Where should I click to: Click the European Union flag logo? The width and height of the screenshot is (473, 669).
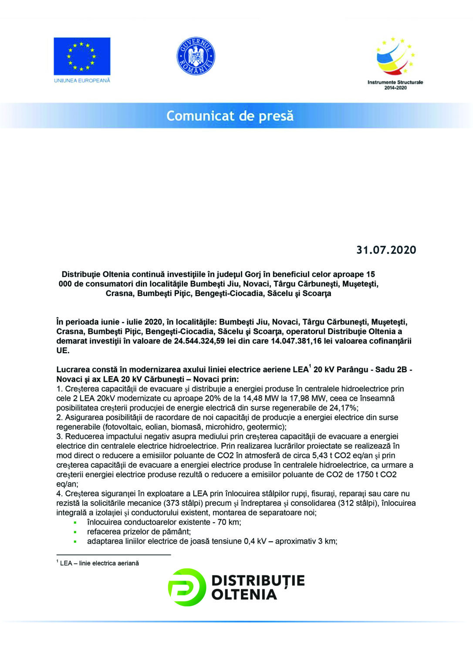82,56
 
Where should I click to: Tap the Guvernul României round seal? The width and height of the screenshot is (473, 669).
196,56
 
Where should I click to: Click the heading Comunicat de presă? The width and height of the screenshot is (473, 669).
230,116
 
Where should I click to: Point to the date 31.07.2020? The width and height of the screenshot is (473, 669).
386,250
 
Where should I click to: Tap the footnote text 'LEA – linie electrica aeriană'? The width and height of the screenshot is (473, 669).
99,563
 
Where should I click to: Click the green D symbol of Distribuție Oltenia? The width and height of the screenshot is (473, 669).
186,587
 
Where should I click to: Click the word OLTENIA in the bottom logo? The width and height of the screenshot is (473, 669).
244,595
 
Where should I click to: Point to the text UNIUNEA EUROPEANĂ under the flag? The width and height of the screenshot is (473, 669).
82,81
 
